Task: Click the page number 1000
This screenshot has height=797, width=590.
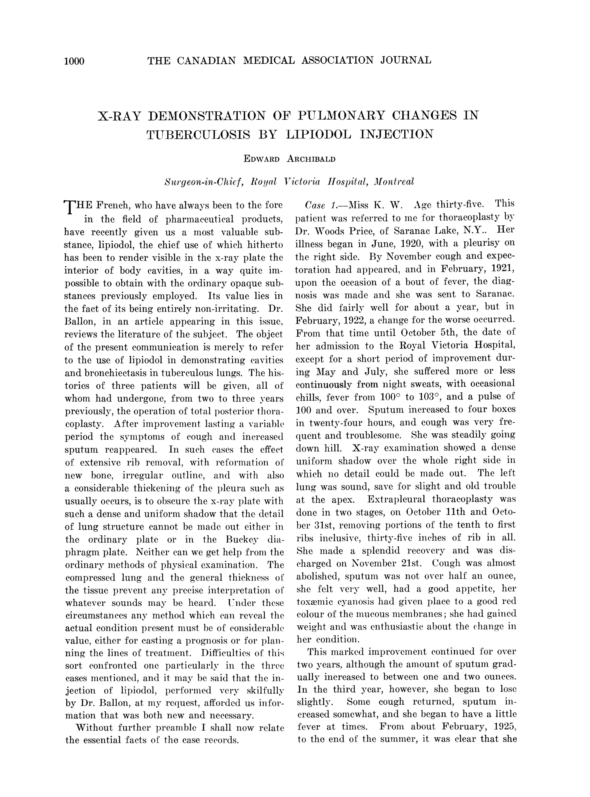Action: (74, 61)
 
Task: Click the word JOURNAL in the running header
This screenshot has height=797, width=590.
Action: (405, 60)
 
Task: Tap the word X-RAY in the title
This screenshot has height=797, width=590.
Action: (119, 116)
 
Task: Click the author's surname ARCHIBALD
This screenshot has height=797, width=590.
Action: (311, 159)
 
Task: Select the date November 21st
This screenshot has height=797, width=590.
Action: (386, 563)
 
